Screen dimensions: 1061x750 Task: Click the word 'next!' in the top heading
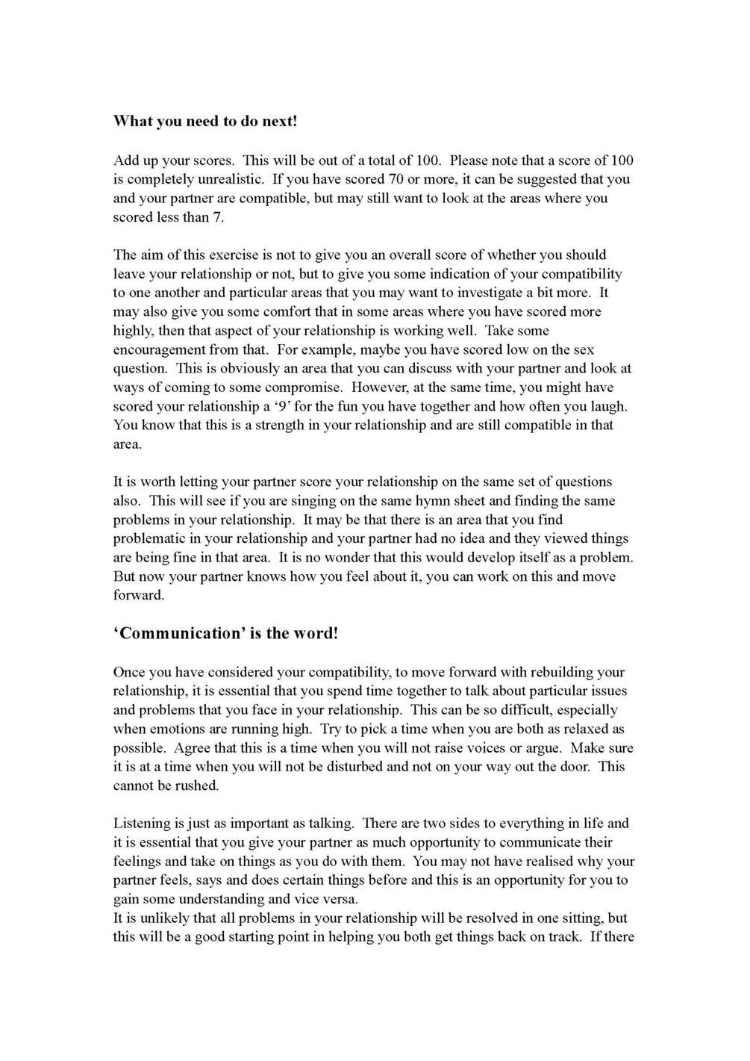(x=280, y=121)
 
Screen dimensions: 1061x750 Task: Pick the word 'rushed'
(x=196, y=785)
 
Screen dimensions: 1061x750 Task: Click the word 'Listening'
(x=142, y=824)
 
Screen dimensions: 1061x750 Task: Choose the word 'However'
(x=379, y=388)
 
